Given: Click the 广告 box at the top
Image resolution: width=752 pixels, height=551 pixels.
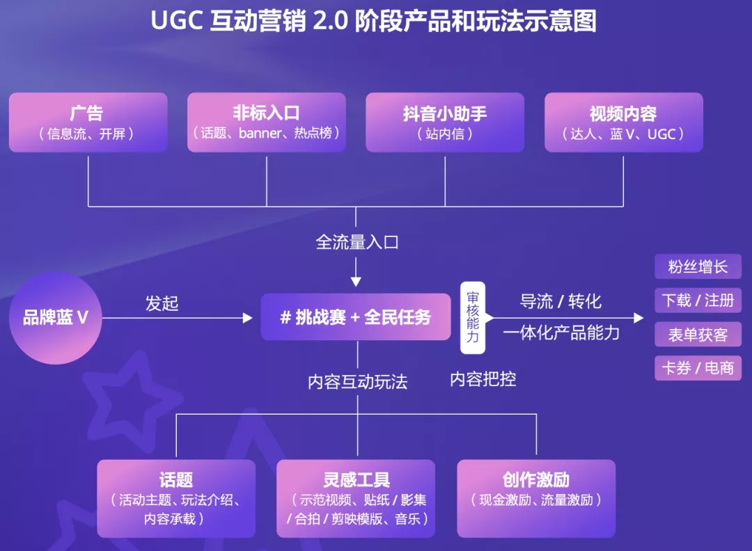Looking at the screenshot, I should click(x=88, y=122).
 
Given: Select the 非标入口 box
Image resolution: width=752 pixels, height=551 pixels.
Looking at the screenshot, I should click(x=267, y=122).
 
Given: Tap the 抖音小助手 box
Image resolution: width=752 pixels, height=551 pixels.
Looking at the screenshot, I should click(x=445, y=122).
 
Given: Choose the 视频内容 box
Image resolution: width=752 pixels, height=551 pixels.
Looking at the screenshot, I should click(x=623, y=122).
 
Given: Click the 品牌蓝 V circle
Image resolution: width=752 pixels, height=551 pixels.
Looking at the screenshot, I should click(x=56, y=318).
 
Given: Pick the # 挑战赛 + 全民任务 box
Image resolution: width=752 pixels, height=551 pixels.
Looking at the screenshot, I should click(x=356, y=317).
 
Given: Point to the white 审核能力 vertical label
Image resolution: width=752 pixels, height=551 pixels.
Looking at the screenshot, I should click(x=472, y=318).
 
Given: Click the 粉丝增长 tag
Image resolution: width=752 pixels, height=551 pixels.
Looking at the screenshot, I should click(x=698, y=267).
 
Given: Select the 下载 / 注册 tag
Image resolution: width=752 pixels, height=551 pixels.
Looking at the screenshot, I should click(x=698, y=301).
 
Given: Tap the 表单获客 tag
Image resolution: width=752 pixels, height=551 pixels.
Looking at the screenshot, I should click(x=698, y=335).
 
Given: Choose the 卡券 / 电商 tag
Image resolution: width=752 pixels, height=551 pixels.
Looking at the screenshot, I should click(x=698, y=368).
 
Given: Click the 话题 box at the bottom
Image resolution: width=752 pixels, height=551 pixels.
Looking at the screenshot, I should click(x=176, y=498).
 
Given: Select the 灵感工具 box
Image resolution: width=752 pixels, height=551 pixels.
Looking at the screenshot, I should click(x=356, y=498).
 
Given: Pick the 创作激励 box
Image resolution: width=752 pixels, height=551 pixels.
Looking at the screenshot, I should click(x=536, y=498).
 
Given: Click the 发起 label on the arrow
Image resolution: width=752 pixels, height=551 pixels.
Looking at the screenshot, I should click(x=162, y=303).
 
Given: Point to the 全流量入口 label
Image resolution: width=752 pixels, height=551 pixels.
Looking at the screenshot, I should click(x=357, y=242).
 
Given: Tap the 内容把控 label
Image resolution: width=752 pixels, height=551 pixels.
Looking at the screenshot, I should click(x=483, y=379).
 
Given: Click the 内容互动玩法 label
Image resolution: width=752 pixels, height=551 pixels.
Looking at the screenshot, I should click(x=357, y=382).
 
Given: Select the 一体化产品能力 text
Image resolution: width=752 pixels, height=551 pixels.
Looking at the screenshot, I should click(x=561, y=333).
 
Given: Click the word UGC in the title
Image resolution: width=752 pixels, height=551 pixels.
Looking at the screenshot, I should click(x=176, y=21).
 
